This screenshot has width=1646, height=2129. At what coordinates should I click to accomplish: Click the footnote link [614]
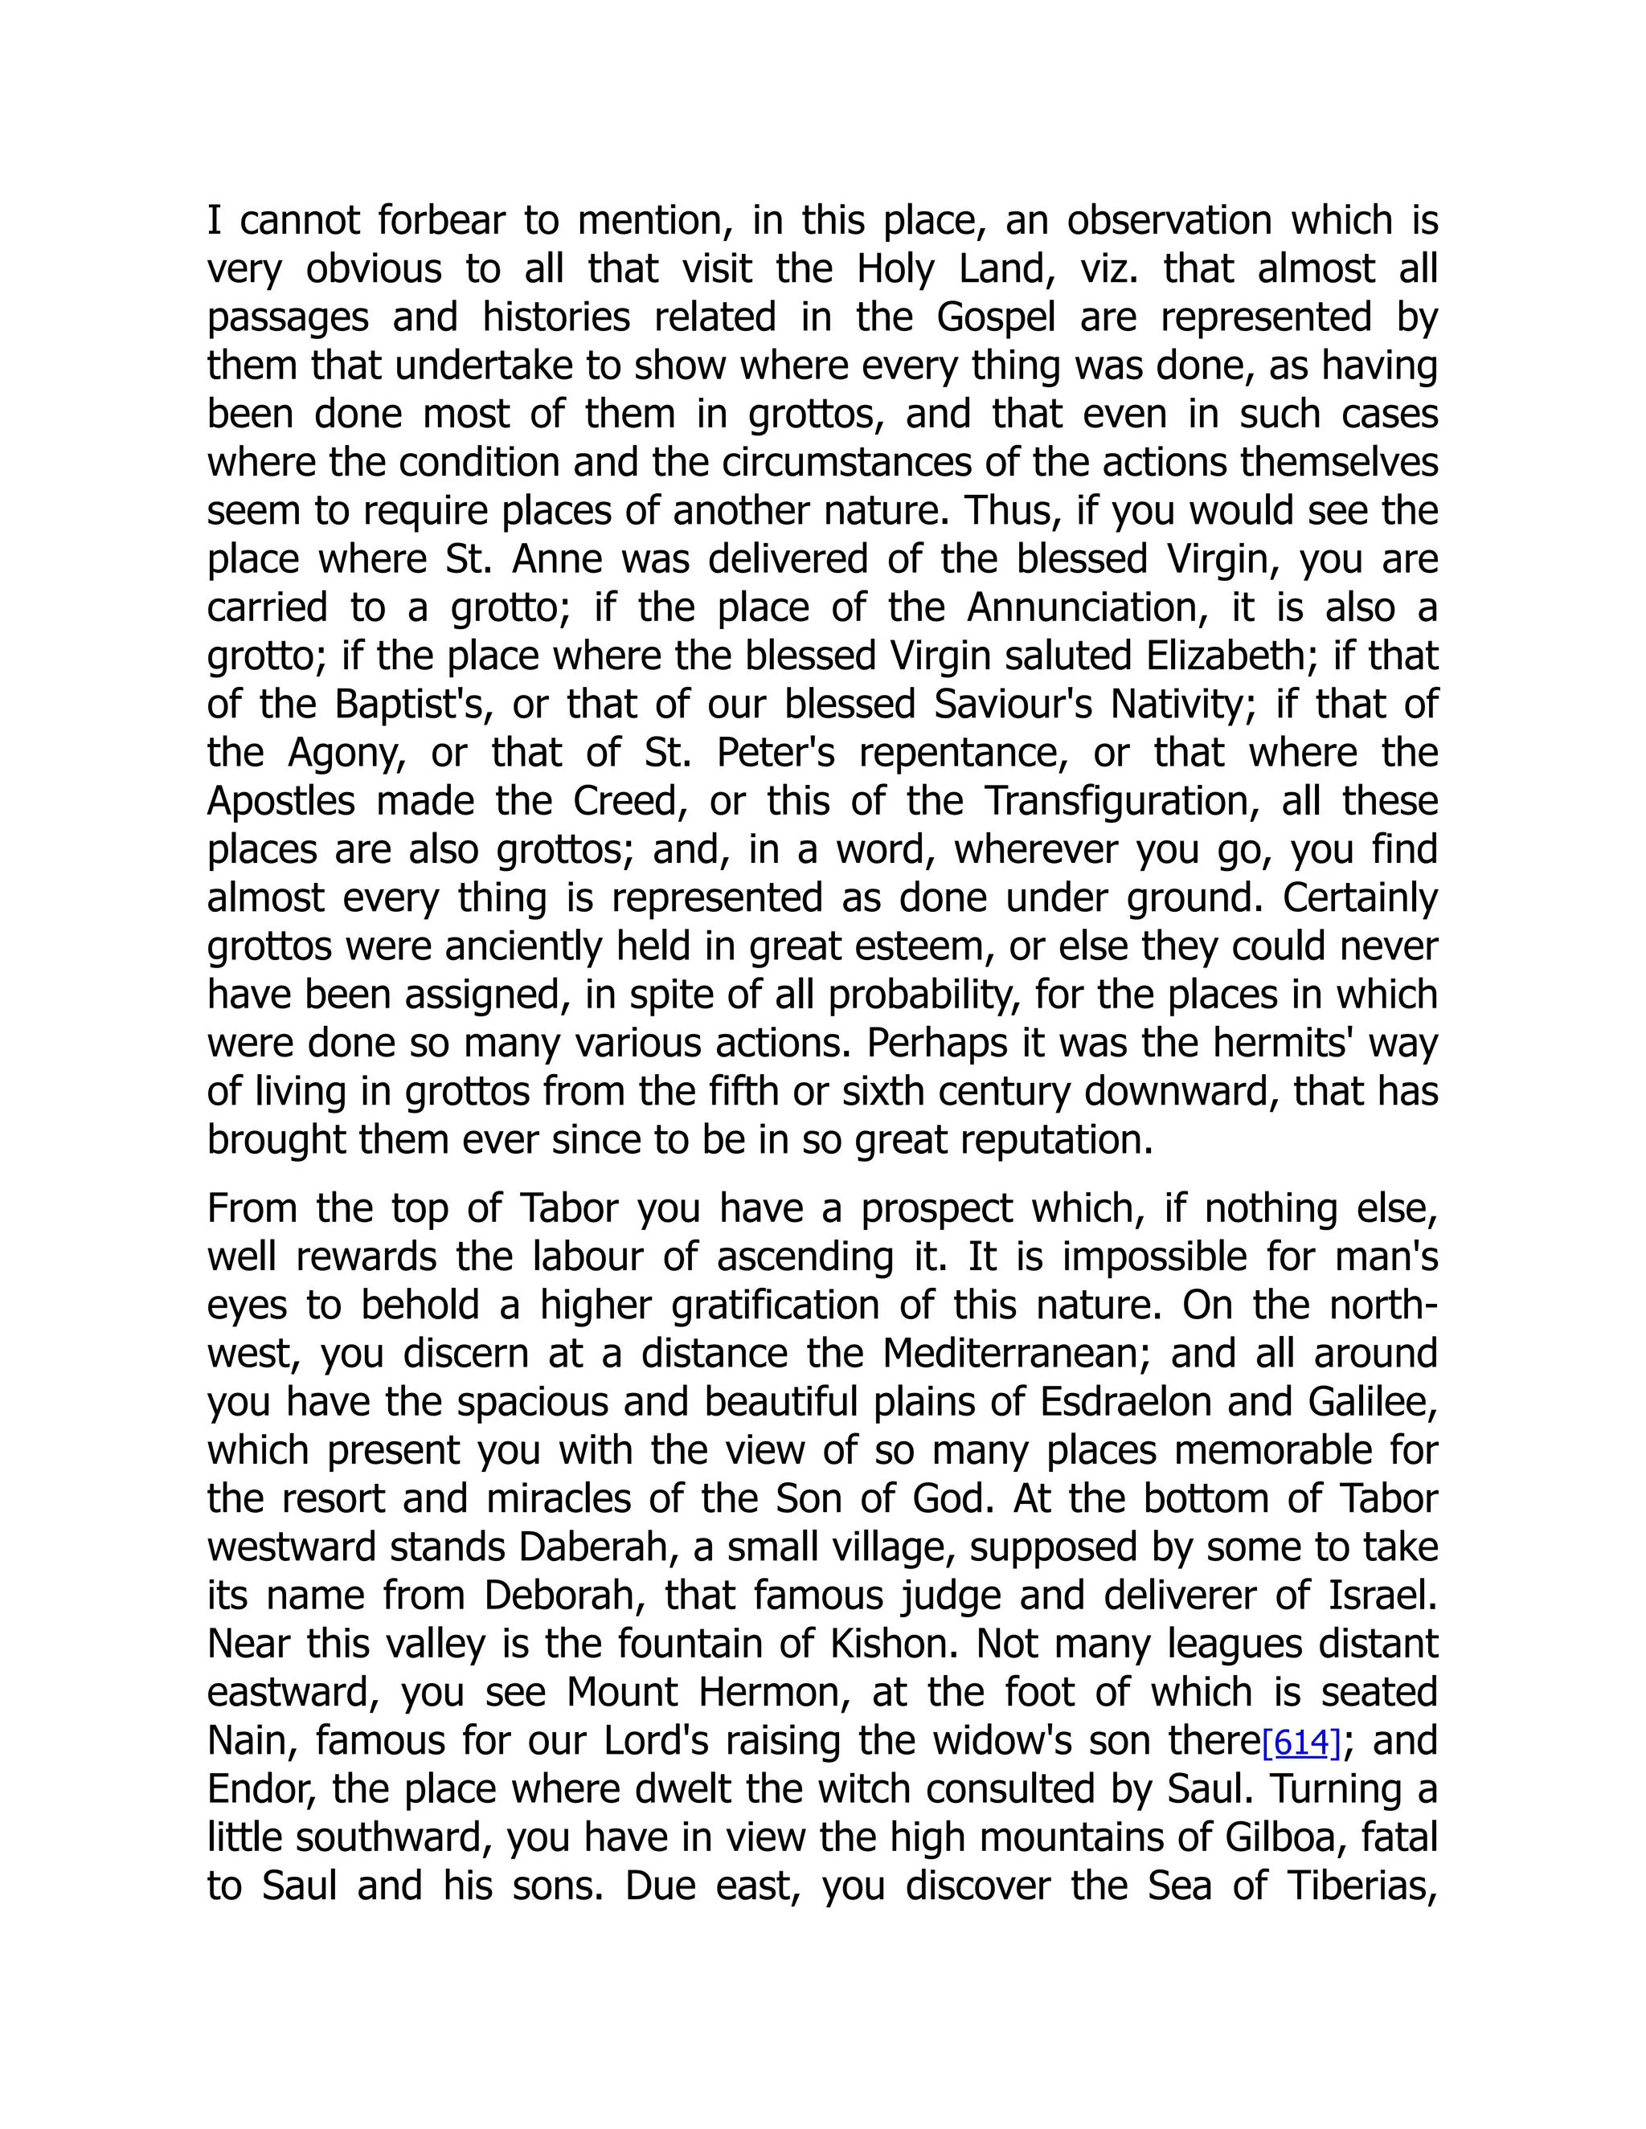click(x=1301, y=1742)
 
